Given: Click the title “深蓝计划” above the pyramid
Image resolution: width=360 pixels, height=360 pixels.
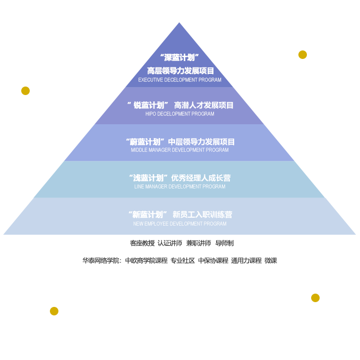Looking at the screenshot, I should [x=180, y=57].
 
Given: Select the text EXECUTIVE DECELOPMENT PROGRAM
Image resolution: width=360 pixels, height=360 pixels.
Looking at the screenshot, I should [x=180, y=80].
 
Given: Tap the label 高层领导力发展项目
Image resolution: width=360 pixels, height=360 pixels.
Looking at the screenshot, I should [x=180, y=71].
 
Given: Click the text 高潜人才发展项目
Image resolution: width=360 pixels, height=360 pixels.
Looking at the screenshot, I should [x=203, y=105].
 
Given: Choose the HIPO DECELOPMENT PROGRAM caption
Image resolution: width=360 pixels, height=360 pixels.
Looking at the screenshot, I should [x=180, y=114].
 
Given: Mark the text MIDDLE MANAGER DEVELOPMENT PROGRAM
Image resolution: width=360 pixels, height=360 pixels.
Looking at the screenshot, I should [x=180, y=150].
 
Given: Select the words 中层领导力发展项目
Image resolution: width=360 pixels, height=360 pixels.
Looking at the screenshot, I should [x=201, y=142].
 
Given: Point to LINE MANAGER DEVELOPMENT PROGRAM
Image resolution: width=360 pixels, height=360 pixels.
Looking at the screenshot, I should [x=180, y=187].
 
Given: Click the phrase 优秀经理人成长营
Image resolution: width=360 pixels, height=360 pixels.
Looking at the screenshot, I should [x=201, y=178].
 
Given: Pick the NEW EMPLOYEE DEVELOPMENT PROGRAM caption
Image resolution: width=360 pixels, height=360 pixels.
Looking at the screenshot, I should [x=180, y=224].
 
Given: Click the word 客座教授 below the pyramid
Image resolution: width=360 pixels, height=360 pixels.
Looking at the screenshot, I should [x=142, y=243].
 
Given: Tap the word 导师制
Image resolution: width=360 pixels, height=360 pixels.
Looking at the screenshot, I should [x=224, y=243].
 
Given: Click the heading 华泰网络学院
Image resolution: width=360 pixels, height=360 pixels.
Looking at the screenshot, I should [x=101, y=261].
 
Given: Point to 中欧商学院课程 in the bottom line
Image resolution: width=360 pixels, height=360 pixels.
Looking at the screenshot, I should [x=146, y=261].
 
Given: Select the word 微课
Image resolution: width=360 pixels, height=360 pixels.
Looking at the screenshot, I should [x=271, y=261].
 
